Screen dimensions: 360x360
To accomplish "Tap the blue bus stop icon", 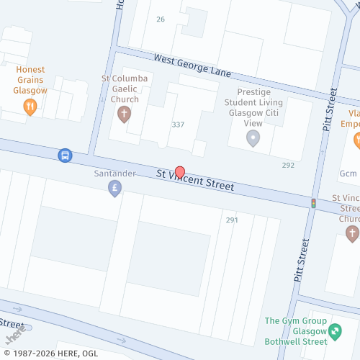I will tap(65, 155).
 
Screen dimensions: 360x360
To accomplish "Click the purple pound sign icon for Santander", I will tap(114, 189).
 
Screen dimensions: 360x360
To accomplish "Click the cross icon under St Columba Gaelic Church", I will tap(124, 114).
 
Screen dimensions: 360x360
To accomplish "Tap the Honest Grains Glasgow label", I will tap(30, 80).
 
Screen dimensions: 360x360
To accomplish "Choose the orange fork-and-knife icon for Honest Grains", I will tap(30, 107).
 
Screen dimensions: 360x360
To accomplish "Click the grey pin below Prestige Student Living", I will tap(253, 138).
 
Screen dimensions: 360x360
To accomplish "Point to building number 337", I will tap(178, 125).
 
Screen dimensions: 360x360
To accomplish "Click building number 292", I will tap(288, 165).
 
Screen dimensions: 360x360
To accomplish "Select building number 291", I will tap(231, 220).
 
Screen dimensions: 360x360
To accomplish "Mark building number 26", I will tap(160, 19).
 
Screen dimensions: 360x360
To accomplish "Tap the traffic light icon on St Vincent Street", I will tap(313, 204).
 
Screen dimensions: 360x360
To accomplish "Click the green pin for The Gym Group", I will tap(335, 331).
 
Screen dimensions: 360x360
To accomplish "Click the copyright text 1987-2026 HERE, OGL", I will tap(49, 353).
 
